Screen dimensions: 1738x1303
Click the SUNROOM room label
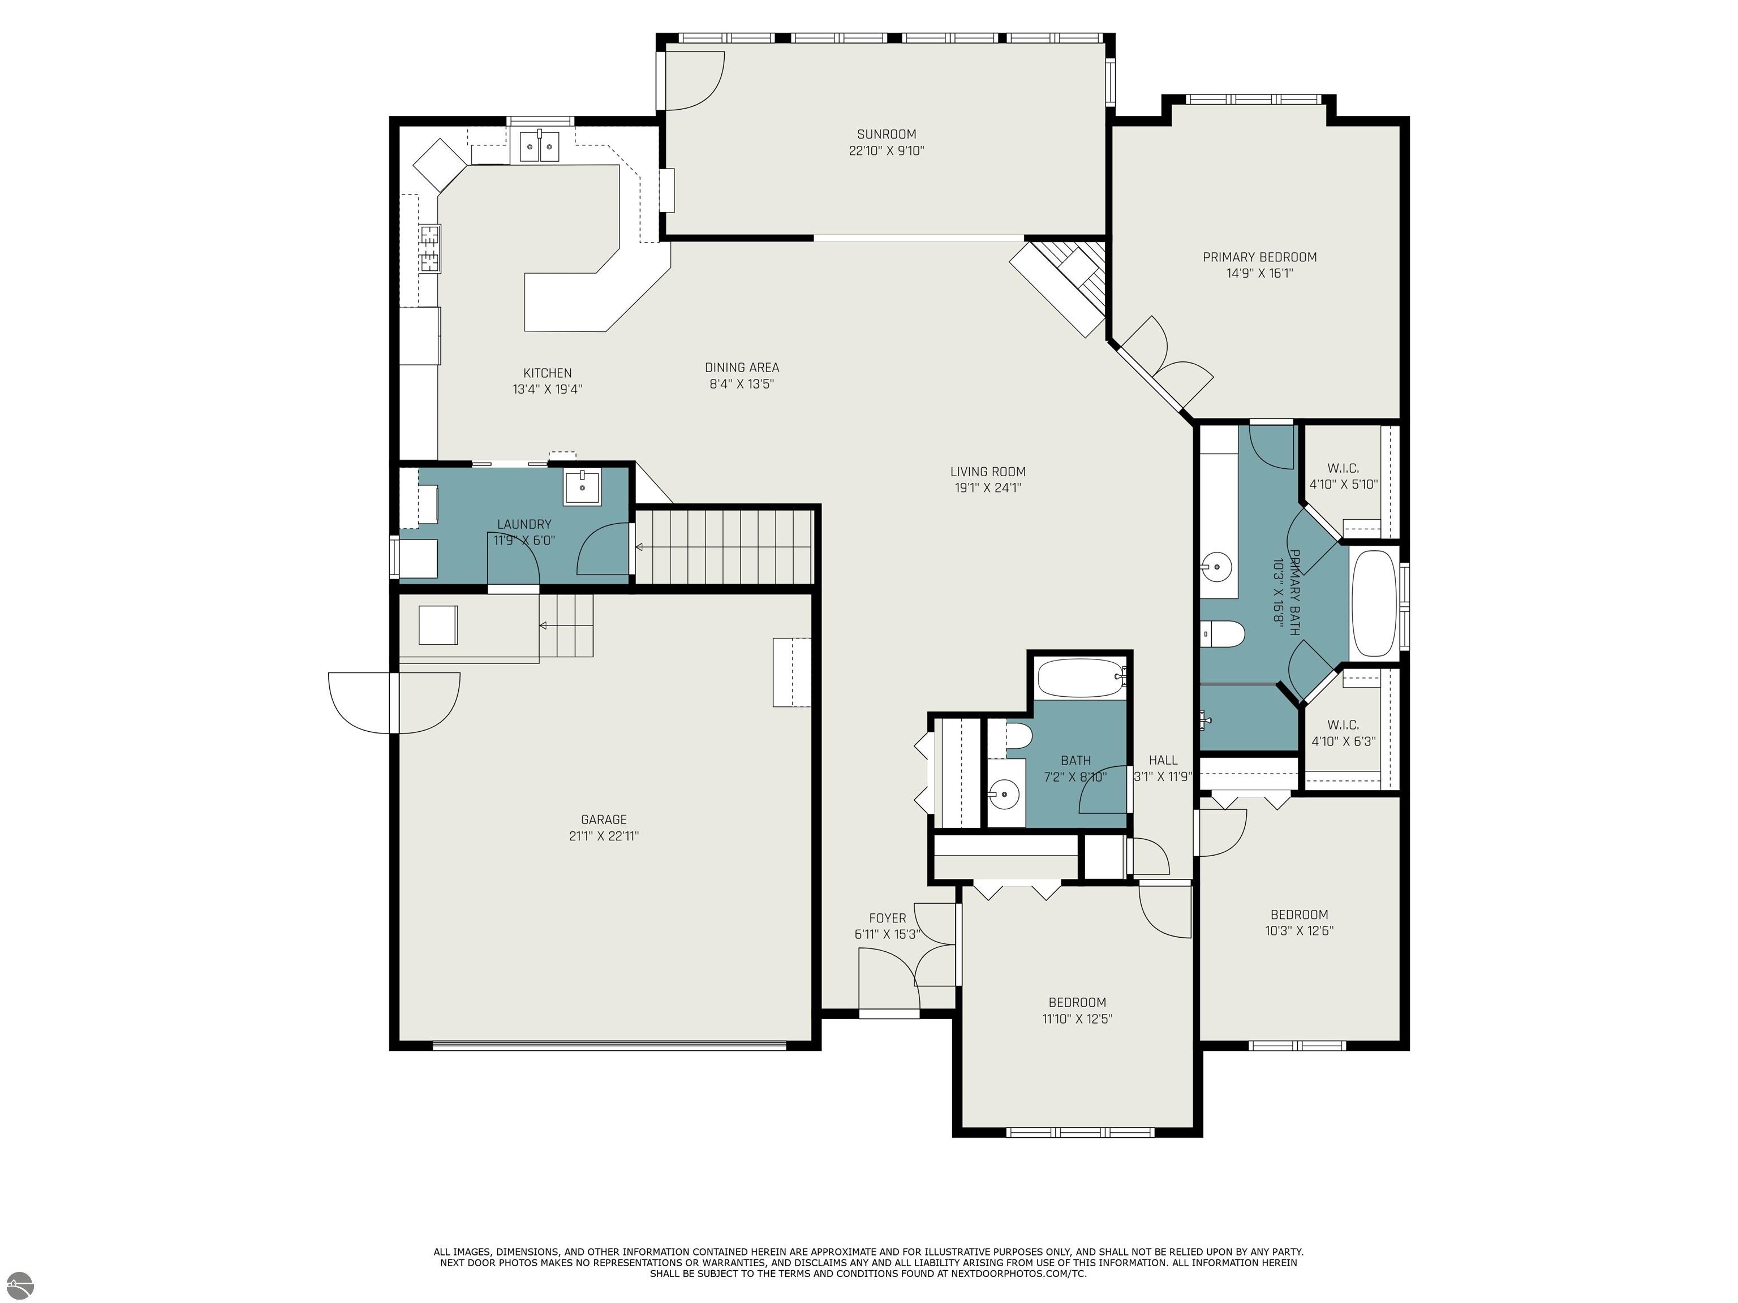[x=887, y=134]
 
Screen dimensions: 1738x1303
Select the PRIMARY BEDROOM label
[x=1259, y=257]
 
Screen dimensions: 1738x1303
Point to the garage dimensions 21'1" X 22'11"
[x=604, y=836]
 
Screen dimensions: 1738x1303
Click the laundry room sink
[x=582, y=487]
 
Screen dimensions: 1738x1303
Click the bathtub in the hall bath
[x=1081, y=678]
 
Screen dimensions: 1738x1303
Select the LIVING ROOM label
[x=988, y=471]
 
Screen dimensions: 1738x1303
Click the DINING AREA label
[x=742, y=368]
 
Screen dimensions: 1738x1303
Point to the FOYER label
[x=887, y=918]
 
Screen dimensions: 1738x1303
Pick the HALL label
[x=1163, y=760]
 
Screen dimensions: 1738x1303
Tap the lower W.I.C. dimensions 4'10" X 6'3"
[x=1344, y=741]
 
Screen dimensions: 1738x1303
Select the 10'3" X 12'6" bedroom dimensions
[x=1299, y=931]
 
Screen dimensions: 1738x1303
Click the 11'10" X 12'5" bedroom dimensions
[x=1077, y=1019]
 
